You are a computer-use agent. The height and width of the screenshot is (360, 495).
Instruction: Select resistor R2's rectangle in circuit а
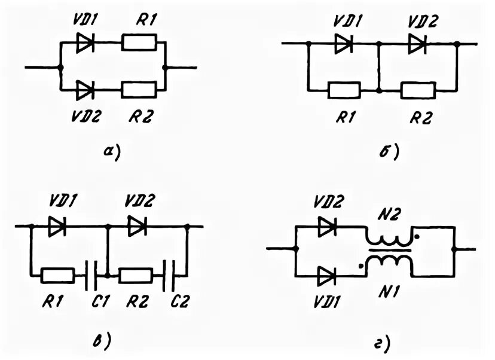139,90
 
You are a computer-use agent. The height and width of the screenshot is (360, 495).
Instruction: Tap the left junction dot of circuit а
60,67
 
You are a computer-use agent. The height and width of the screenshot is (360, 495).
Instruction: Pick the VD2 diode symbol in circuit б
418,44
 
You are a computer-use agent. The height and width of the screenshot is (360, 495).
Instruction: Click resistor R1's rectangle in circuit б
344,91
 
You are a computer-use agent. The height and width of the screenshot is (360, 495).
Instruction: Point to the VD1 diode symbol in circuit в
57,226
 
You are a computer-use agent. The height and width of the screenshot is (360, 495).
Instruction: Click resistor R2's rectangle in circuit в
136,275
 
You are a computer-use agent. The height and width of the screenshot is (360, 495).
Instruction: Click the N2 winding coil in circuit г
389,239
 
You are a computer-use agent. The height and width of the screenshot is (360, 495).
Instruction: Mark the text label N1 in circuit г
389,292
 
